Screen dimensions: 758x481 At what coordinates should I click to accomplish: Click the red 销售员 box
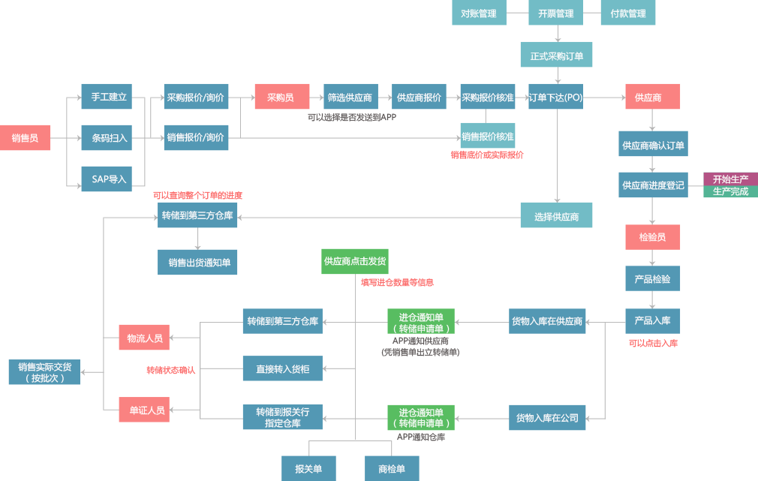tap(25, 138)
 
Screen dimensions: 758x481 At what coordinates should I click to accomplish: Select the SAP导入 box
tap(107, 179)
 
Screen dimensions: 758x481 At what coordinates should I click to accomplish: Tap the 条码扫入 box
tap(107, 138)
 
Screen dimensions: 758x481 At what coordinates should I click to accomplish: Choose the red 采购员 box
tap(282, 97)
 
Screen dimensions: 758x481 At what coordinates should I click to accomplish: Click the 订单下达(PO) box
tap(556, 97)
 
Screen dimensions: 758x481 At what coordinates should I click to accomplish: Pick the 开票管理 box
tap(556, 13)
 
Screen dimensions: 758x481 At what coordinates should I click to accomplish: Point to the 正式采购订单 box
tap(556, 55)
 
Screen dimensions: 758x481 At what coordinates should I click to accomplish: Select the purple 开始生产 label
tap(730, 179)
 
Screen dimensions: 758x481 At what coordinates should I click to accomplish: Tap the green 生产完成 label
tap(730, 191)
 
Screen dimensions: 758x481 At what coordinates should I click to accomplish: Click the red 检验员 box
tap(653, 237)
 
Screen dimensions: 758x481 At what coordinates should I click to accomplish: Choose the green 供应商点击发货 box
tap(355, 262)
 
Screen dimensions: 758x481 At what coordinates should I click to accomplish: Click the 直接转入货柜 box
tap(283, 368)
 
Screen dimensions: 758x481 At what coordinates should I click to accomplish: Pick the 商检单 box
tap(392, 468)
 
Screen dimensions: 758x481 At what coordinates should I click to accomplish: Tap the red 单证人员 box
tap(144, 410)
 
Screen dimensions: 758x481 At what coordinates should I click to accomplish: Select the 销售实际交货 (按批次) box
tap(44, 371)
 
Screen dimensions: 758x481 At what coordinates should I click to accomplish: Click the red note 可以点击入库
tap(653, 343)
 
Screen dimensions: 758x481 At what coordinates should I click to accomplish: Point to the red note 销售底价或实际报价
tap(487, 155)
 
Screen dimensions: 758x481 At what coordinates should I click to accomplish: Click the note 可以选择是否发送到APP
tap(352, 117)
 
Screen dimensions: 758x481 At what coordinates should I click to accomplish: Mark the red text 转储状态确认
tap(171, 370)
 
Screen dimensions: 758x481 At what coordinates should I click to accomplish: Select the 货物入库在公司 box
tap(547, 418)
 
